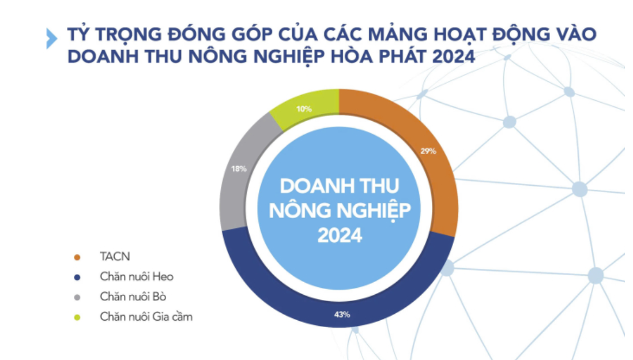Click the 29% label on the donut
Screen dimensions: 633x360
pos(428,151)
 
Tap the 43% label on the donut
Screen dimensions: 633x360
pos(342,314)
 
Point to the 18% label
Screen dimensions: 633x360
pos(239,169)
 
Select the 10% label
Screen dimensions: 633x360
pos(304,109)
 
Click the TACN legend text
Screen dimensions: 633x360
pos(115,257)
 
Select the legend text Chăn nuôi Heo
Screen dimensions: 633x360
pos(137,277)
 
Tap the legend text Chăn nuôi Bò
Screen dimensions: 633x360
pos(133,297)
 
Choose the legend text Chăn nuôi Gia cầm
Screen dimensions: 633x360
pos(146,317)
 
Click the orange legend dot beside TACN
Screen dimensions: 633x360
pos(77,257)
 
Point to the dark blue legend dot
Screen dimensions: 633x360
pos(77,277)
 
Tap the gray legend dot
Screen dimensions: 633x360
pos(77,297)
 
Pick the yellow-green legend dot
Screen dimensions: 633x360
pos(77,317)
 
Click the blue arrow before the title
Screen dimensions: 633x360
pos(52,39)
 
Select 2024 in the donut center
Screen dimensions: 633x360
pos(340,235)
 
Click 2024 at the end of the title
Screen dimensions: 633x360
pos(453,57)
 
